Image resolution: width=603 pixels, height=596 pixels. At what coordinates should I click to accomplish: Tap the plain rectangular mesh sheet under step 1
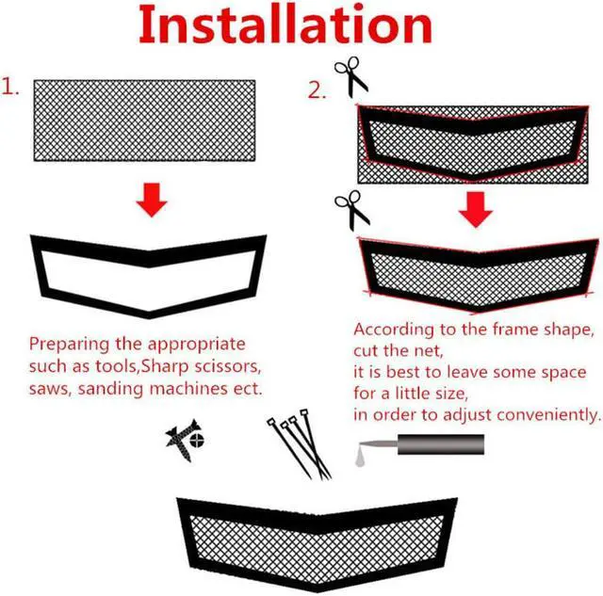(144, 119)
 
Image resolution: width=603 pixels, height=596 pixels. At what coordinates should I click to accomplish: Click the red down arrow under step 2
(477, 209)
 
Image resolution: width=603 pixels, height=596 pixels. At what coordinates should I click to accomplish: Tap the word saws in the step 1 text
(47, 388)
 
